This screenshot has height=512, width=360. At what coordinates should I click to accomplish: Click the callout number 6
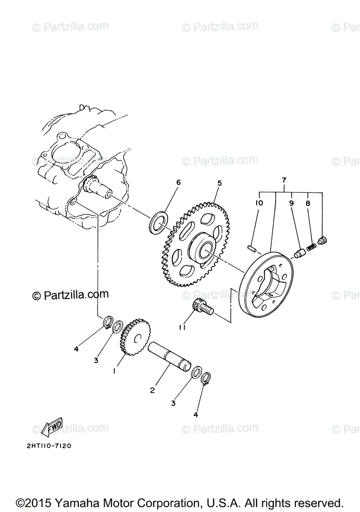pos(179,183)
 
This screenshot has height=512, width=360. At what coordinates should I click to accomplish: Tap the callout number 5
pos(219,183)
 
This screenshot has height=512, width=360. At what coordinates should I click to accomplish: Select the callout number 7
pos(284,180)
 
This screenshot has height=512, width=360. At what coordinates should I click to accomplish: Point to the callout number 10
pos(259,203)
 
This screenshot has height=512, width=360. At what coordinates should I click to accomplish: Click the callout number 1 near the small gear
pos(114,371)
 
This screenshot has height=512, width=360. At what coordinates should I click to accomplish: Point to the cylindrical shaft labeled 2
pos(169,355)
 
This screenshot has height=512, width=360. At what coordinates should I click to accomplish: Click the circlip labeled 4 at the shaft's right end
pos(206,378)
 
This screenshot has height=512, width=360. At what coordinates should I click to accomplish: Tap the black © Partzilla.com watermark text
pos(70,295)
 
